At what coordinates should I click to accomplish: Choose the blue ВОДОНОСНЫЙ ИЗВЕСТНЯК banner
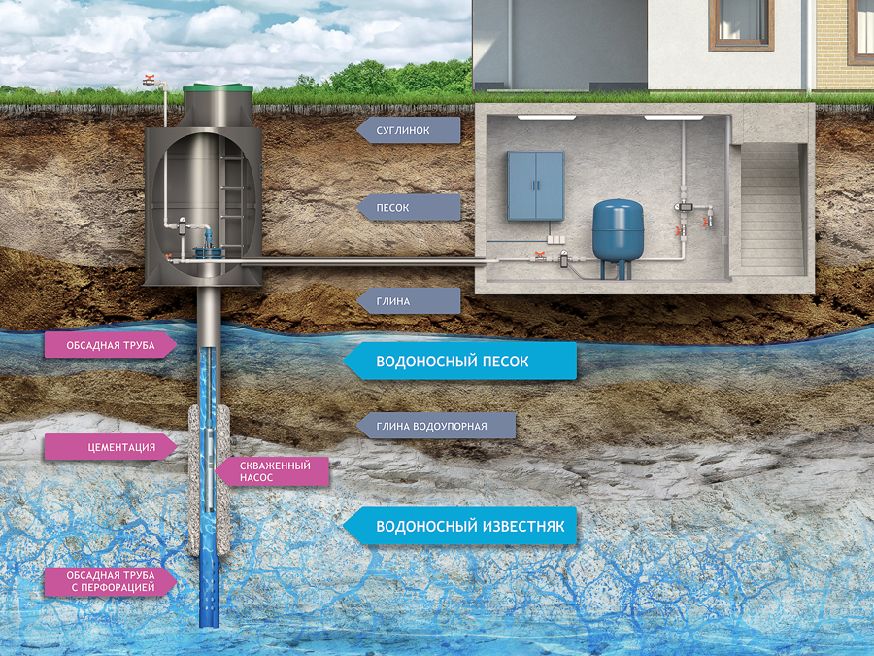pyautogui.click(x=461, y=527)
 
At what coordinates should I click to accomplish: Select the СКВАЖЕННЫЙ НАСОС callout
pyautogui.click(x=273, y=471)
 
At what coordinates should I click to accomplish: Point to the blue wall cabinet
pyautogui.click(x=535, y=185)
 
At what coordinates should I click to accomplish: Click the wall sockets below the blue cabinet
pyautogui.click(x=553, y=235)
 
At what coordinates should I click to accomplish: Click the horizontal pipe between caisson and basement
pyautogui.click(x=369, y=259)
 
